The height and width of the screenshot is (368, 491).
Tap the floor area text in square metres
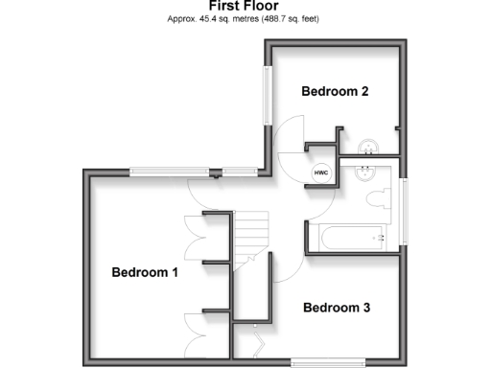click(x=245, y=19)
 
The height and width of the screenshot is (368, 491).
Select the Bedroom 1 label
click(x=145, y=272)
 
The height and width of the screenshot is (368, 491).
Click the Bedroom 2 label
click(x=335, y=92)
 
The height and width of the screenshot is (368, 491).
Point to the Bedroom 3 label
click(x=337, y=308)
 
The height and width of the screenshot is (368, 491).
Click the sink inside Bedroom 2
click(x=368, y=149)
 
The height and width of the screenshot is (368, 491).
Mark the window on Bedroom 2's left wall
click(x=268, y=93)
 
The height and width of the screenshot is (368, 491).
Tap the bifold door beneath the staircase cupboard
click(x=257, y=339)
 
